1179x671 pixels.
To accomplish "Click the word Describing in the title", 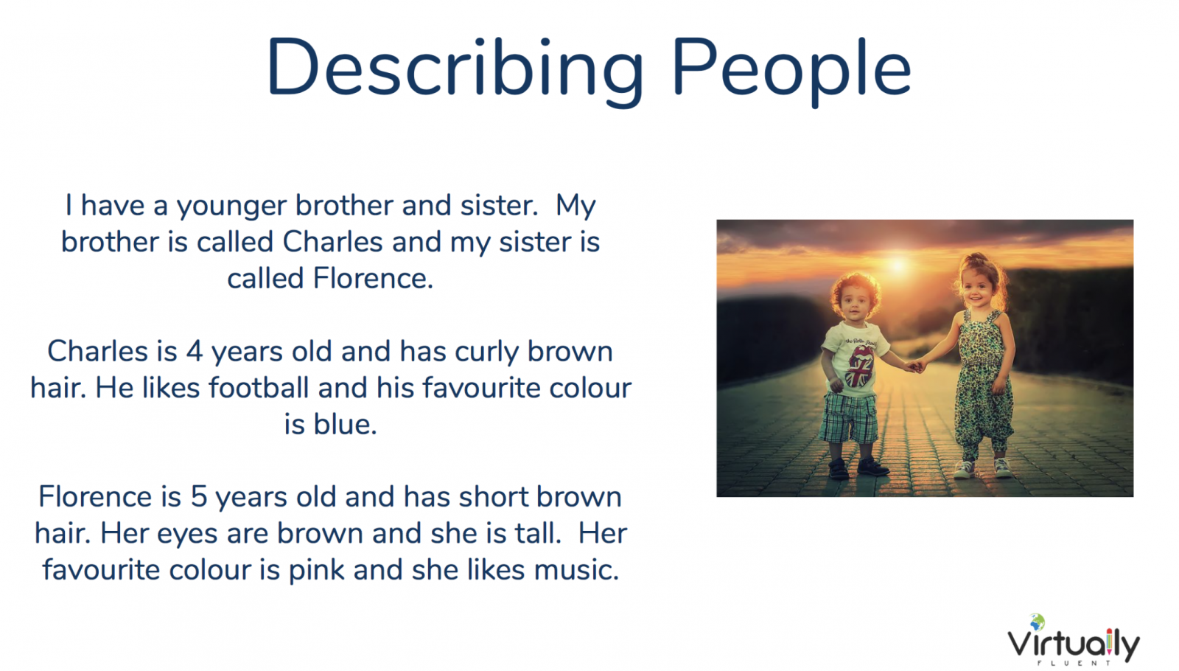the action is [x=455, y=69].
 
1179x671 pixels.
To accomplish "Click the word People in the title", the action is [x=791, y=69].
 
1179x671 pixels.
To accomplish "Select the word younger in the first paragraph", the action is [x=231, y=207].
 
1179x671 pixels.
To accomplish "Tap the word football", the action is [x=259, y=388].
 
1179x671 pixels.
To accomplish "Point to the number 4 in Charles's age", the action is [x=195, y=351].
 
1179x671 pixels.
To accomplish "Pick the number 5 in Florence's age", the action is [x=198, y=497].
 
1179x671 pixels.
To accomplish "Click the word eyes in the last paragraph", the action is [x=187, y=535].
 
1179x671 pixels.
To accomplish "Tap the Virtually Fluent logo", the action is [x=1074, y=640].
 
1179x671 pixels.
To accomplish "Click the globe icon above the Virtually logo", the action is [x=1037, y=622].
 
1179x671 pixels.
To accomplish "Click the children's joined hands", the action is [x=917, y=365].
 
